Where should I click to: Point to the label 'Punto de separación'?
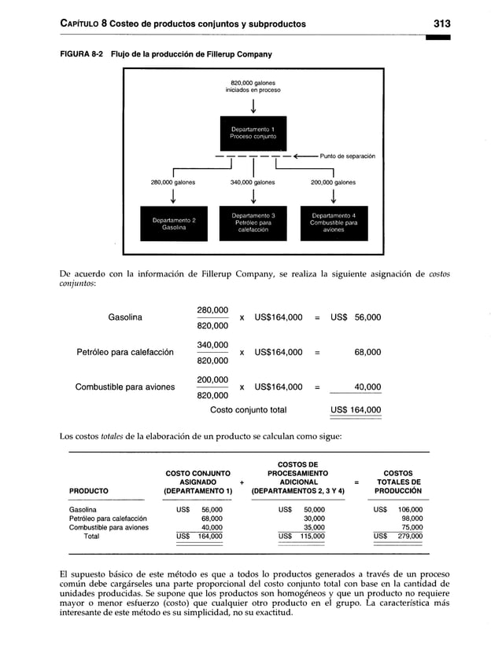tap(347, 156)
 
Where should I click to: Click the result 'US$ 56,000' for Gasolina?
tap(356, 317)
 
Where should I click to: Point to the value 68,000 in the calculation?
tap(367, 353)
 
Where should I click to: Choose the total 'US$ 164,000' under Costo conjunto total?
tap(356, 409)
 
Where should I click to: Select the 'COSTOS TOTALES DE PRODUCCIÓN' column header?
tap(397, 482)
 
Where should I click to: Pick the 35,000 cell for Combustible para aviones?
tap(315, 528)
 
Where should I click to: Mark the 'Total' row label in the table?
tap(91, 537)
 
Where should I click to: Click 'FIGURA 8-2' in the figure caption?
tap(81, 54)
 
